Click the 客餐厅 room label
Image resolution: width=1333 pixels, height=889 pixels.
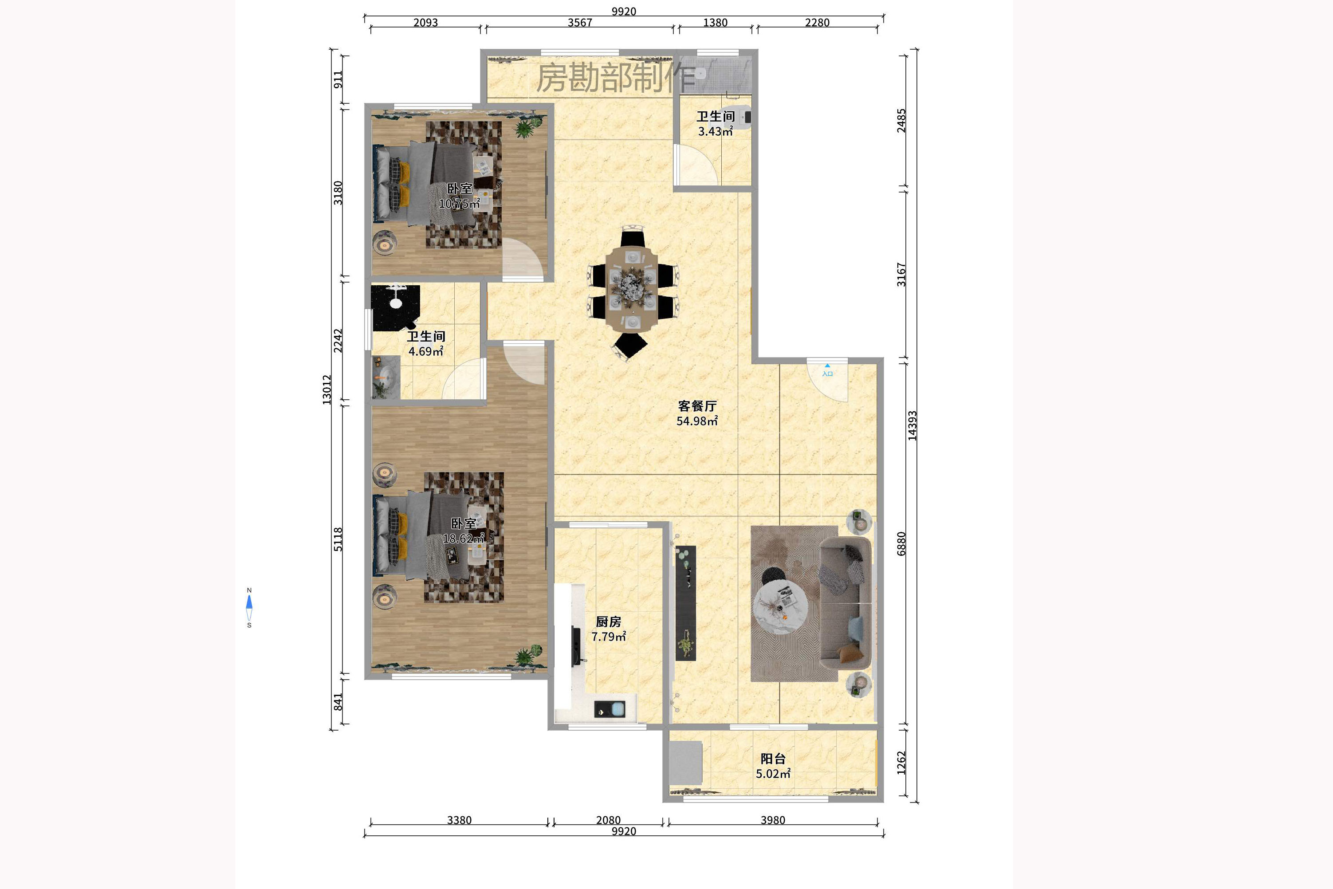click(697, 406)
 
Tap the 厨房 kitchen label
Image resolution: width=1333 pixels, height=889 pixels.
click(608, 622)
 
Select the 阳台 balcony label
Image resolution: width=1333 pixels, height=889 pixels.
click(773, 759)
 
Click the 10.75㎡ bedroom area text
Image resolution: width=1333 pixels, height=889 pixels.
click(459, 203)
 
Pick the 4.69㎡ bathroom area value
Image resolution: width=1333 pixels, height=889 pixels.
click(426, 351)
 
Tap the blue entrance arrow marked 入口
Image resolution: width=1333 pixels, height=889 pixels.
click(827, 366)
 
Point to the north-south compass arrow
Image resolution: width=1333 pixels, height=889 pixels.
click(249, 607)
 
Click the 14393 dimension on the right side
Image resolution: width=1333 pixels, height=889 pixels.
click(912, 425)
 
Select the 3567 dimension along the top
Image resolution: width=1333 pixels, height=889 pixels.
click(580, 23)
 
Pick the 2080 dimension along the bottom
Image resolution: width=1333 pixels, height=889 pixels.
click(608, 820)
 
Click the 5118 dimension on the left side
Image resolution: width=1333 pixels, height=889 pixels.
click(338, 539)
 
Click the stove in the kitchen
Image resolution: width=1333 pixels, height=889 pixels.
click(609, 709)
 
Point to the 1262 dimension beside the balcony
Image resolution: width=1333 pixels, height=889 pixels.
click(901, 763)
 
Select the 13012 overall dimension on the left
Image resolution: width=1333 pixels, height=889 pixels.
click(326, 390)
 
